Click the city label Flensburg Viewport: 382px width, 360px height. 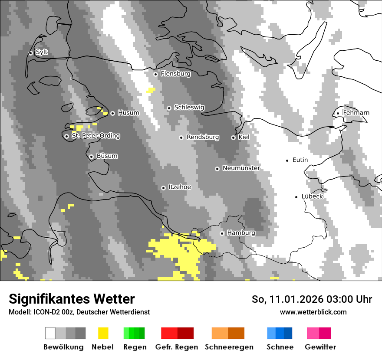point(175,74)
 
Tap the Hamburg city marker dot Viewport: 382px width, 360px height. point(222,233)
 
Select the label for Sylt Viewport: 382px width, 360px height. point(42,52)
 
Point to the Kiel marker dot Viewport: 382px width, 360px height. point(233,137)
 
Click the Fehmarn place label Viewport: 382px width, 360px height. point(356,113)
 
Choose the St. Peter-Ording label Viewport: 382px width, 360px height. point(95,136)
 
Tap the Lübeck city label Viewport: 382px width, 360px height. point(312,196)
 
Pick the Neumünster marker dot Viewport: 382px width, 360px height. point(217,169)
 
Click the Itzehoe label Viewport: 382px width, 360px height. point(180,187)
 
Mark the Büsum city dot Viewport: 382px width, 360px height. point(91,157)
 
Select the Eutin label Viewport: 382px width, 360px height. point(300,160)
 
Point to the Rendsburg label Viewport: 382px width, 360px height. point(203,137)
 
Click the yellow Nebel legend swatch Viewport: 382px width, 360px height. point(103,333)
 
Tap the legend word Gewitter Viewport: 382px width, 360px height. point(320,347)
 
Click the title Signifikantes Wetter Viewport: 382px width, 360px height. point(72,299)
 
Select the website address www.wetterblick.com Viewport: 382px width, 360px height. point(313,312)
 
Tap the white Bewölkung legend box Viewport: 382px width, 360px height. point(50,333)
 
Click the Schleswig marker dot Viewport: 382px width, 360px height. point(169,108)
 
